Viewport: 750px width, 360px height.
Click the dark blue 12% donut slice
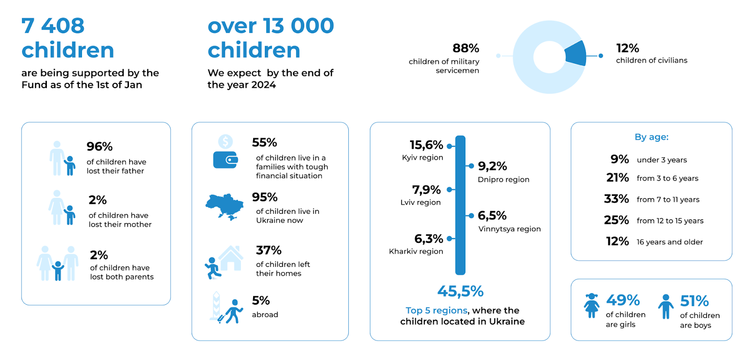click(x=576, y=53)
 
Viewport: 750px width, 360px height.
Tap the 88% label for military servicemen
click(x=465, y=48)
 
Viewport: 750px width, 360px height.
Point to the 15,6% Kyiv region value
click(x=426, y=145)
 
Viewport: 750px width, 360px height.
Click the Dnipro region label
click(x=503, y=180)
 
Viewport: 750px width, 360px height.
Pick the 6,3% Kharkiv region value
click(x=428, y=239)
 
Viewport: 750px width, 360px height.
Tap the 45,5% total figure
click(x=460, y=292)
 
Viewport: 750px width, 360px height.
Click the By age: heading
click(x=652, y=137)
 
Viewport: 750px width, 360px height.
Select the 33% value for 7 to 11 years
click(x=616, y=199)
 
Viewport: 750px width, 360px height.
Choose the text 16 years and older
click(x=669, y=242)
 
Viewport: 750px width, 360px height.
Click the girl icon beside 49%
click(x=592, y=306)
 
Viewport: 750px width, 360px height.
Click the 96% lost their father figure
click(x=99, y=147)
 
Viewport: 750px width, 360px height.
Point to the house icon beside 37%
click(x=231, y=258)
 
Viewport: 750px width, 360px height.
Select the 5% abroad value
click(x=261, y=300)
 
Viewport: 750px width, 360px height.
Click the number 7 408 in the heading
click(x=53, y=26)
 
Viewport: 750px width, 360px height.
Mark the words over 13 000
click(x=270, y=26)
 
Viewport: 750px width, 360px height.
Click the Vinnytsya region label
click(x=510, y=229)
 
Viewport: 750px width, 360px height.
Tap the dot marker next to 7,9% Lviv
click(x=449, y=190)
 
